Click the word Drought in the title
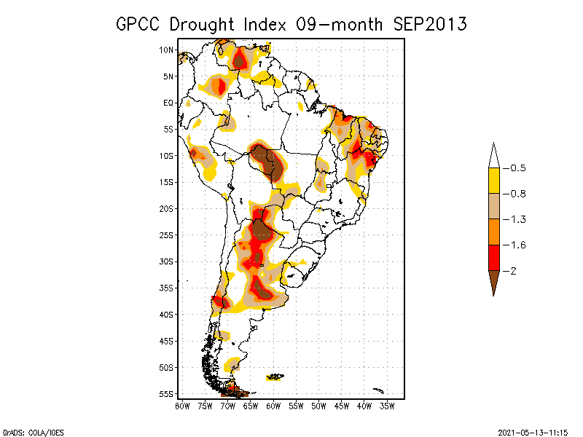point(202,25)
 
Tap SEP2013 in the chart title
point(430,24)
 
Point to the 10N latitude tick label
point(166,50)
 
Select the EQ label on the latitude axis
point(168,103)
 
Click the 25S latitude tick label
point(166,235)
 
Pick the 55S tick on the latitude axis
point(166,394)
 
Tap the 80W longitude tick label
point(182,406)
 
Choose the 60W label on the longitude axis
point(273,406)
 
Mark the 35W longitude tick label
point(387,406)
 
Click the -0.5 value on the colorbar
point(514,168)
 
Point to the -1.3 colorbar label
point(514,220)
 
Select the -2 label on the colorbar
point(509,271)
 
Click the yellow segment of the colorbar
point(494,181)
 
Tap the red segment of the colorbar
point(494,258)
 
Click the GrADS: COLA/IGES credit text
point(33,433)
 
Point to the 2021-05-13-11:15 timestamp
point(533,433)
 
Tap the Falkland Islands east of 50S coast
point(275,377)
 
